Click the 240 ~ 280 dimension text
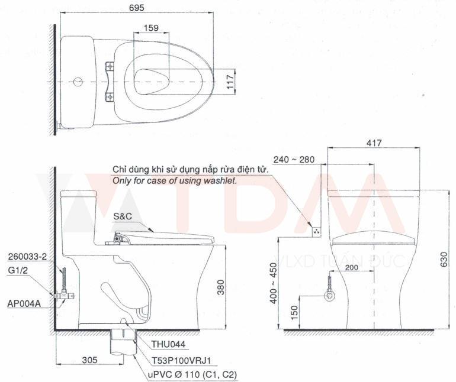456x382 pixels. click(x=294, y=159)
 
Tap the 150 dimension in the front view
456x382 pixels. click(x=295, y=312)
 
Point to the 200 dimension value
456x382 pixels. click(x=352, y=268)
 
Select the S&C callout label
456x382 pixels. click(x=121, y=216)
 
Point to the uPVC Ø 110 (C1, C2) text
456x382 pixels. click(x=190, y=374)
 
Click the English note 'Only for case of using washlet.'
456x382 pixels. click(x=175, y=180)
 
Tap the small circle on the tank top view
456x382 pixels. click(x=76, y=80)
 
